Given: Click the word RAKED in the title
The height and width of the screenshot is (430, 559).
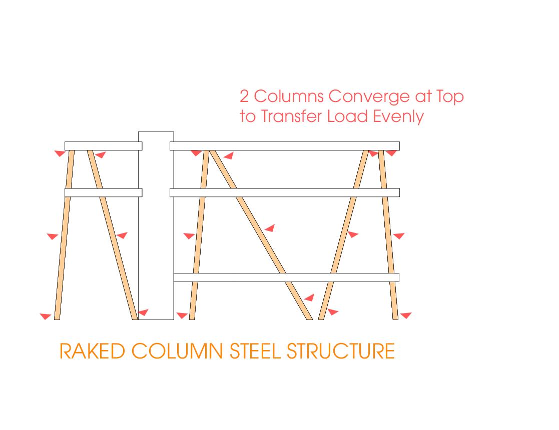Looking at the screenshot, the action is pos(92,351).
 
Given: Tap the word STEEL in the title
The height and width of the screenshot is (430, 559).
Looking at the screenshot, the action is pos(256,351).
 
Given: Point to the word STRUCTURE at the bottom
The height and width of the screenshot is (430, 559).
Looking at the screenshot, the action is pos(341,351).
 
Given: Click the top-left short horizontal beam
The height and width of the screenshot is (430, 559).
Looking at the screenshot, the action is pos(103,146).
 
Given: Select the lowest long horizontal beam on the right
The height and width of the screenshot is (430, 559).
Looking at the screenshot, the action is pos(286,277).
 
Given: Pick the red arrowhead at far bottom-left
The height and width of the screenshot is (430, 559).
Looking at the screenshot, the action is pos(46,316).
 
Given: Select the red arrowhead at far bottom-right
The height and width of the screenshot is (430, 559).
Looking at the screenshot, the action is pos(405,315).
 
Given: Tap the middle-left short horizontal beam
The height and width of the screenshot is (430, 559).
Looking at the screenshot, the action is pos(103,192).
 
